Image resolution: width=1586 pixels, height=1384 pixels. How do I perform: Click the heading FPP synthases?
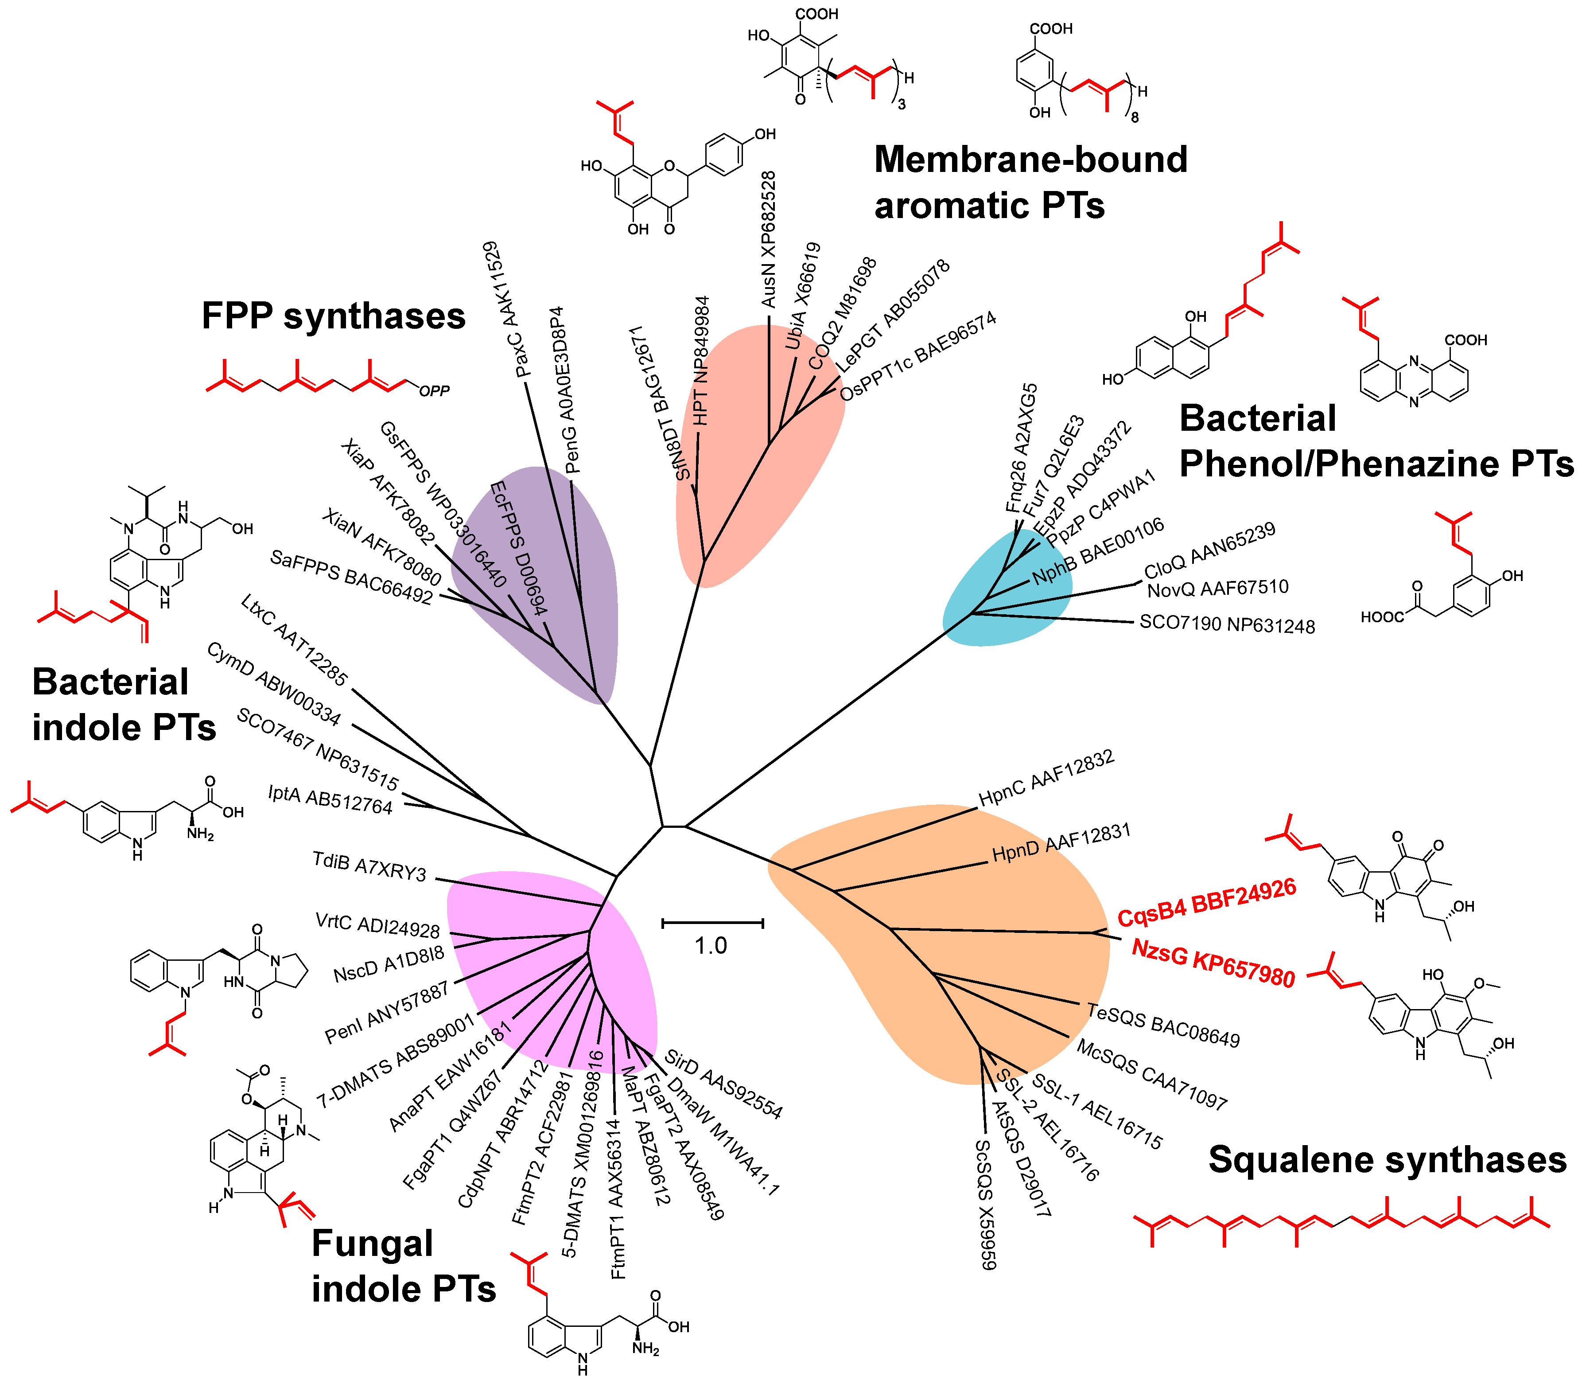pyautogui.click(x=334, y=316)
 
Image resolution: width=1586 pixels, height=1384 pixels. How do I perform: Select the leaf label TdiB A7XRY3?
pyautogui.click(x=369, y=866)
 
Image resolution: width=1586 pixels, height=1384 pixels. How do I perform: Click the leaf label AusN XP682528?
pyautogui.click(x=768, y=239)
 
